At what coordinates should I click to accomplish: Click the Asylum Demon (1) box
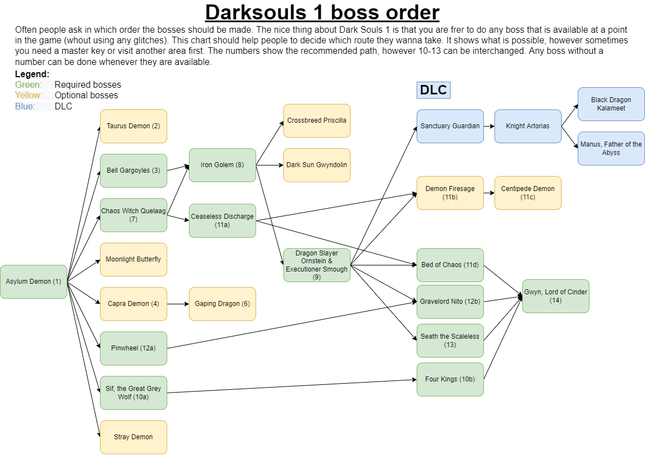click(33, 282)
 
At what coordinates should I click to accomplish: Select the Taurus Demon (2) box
click(133, 126)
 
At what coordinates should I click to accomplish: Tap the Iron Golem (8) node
click(222, 165)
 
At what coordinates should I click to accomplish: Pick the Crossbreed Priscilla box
click(317, 120)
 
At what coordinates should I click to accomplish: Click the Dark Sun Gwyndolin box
click(317, 165)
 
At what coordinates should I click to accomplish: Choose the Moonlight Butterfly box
click(133, 259)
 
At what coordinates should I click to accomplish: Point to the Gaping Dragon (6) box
click(222, 304)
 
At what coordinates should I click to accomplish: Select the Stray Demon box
click(133, 437)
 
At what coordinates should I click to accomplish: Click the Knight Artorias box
click(528, 126)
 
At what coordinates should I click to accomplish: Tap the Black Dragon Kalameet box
click(611, 104)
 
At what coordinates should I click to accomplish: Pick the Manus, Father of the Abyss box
click(611, 148)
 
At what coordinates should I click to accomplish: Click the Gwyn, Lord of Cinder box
click(556, 296)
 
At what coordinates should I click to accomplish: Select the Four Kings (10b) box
click(450, 379)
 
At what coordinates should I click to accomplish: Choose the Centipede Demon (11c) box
click(528, 193)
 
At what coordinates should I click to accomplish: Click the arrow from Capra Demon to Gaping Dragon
click(178, 304)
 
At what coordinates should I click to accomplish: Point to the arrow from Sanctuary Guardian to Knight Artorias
click(489, 126)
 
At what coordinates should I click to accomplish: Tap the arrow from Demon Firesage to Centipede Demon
click(489, 193)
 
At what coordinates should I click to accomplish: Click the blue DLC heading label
click(433, 90)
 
